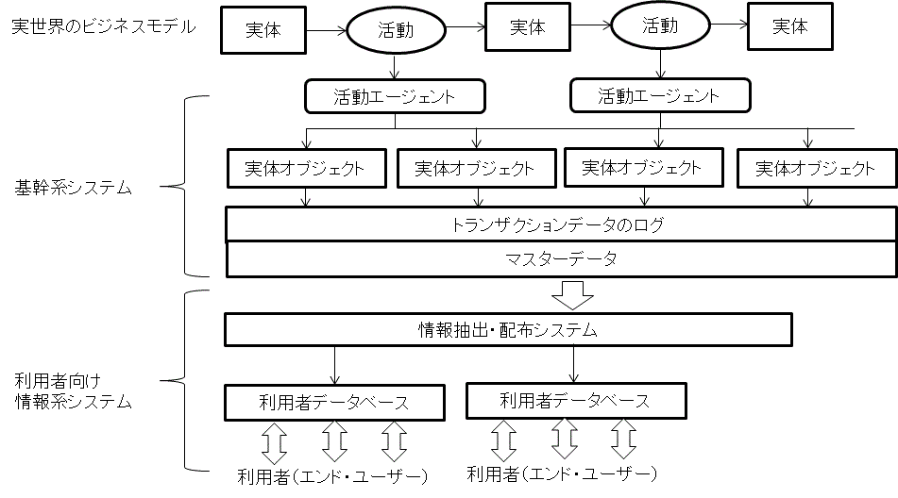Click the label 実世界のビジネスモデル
(x=103, y=26)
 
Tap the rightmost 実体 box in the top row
(x=790, y=27)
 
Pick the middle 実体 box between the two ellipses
(x=528, y=27)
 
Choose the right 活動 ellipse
(x=660, y=26)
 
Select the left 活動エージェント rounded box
(x=394, y=96)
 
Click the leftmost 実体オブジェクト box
(x=307, y=170)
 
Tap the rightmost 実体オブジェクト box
(x=815, y=170)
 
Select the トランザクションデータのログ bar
(x=560, y=225)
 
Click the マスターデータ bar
(x=560, y=258)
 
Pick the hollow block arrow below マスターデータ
(x=572, y=296)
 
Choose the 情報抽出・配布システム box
(x=508, y=331)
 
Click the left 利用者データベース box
(x=334, y=403)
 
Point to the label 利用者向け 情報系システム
(x=73, y=391)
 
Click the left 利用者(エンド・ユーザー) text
(x=331, y=474)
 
